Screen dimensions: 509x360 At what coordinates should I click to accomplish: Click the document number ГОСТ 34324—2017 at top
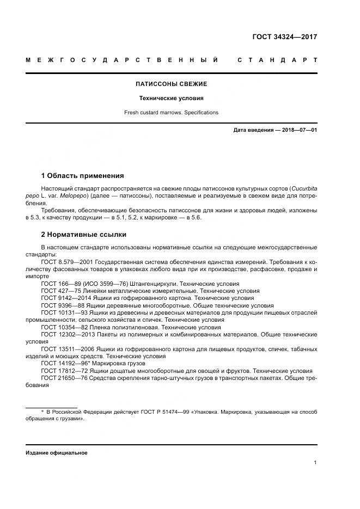click(x=284, y=37)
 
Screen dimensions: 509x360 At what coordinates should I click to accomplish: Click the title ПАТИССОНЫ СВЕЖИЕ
click(x=171, y=84)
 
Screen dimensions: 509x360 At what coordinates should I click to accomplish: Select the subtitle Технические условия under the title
click(x=171, y=99)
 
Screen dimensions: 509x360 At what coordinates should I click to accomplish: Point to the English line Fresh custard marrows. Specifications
click(x=171, y=113)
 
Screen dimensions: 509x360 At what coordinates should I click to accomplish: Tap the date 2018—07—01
click(x=299, y=130)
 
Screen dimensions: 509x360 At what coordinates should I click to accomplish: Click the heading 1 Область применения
click(x=82, y=176)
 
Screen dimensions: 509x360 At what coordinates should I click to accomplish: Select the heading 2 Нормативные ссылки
click(x=84, y=235)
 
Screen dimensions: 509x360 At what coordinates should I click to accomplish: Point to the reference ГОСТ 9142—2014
click(x=61, y=298)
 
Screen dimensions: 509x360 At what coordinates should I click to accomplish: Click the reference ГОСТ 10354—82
click(x=61, y=327)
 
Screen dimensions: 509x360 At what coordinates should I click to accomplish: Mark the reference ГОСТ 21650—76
click(x=61, y=377)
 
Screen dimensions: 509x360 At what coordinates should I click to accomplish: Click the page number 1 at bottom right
click(x=315, y=463)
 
